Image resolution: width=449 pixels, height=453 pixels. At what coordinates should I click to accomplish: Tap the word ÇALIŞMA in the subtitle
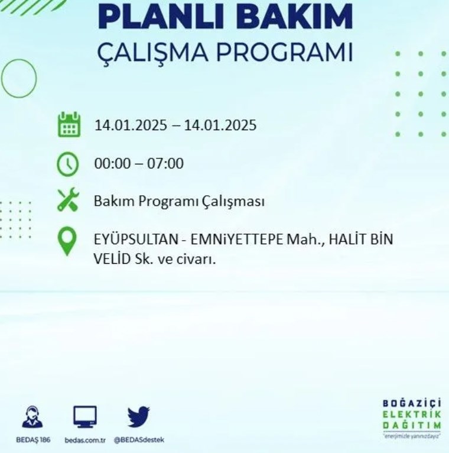coord(152,53)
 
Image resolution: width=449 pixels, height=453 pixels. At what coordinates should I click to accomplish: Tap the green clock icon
coord(68,164)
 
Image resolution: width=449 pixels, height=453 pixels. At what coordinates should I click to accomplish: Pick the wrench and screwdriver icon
coord(68,200)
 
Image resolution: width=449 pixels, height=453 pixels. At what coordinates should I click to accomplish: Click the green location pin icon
coord(67,241)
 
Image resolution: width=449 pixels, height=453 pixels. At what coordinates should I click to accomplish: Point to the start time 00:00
coord(112,163)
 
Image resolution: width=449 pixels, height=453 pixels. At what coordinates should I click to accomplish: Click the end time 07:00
coord(165,163)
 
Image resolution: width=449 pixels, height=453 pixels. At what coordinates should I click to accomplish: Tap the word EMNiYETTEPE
coord(237,239)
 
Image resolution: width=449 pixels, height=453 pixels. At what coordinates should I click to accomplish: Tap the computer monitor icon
coord(85,416)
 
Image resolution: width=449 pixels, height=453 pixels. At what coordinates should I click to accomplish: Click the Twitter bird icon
coord(138,416)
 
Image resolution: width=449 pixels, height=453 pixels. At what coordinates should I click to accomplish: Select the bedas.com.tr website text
coord(85,440)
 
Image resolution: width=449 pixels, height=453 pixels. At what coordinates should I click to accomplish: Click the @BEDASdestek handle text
coord(139,440)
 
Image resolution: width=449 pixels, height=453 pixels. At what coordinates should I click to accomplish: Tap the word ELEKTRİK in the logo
coord(412,415)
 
